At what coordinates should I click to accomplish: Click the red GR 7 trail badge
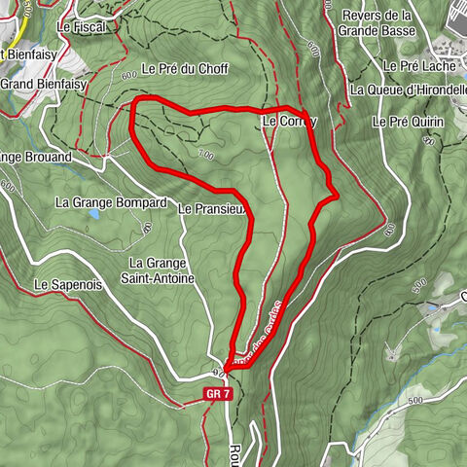pos(217,394)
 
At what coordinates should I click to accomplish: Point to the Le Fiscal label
pos(81,27)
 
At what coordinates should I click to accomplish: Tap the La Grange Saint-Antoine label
pos(162,270)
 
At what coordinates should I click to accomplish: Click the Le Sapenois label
pos(68,285)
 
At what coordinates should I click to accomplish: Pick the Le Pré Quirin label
pos(409,122)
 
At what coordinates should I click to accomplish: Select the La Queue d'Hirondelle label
pos(408,90)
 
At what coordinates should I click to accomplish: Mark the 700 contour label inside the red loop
pos(203,153)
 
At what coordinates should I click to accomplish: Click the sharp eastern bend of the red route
pos(336,196)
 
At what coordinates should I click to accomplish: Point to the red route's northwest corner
pos(134,102)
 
